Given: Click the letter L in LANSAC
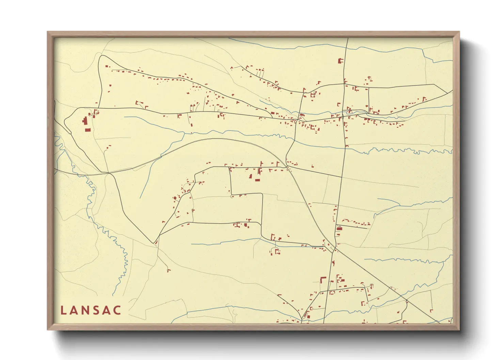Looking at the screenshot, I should pyautogui.click(x=63, y=310).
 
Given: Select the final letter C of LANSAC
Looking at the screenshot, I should pyautogui.click(x=117, y=310).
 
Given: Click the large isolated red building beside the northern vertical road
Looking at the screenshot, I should pyautogui.click(x=340, y=61).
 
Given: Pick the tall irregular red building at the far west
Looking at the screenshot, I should pyautogui.click(x=84, y=121).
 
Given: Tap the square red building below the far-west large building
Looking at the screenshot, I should pyautogui.click(x=88, y=130).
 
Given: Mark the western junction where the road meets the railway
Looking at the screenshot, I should pyautogui.click(x=109, y=173).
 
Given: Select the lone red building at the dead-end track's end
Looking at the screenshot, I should pyautogui.click(x=168, y=271).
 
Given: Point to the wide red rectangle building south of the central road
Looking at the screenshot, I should pyautogui.click(x=257, y=180).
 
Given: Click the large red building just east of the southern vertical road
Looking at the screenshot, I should pyautogui.click(x=339, y=229).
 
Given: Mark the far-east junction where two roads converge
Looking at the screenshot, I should pyautogui.click(x=447, y=93).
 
